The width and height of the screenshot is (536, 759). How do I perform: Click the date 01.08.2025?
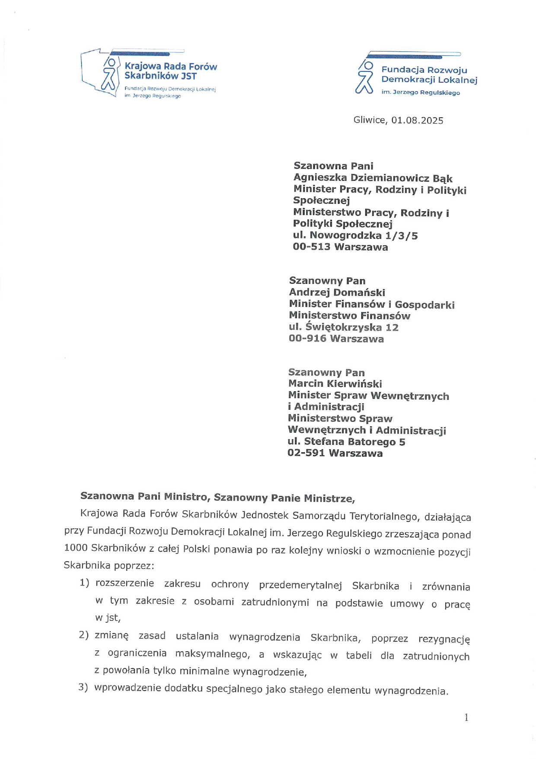pos(417,120)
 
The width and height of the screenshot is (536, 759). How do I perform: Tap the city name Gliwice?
pos(370,120)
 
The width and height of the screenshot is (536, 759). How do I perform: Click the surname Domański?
pos(359,293)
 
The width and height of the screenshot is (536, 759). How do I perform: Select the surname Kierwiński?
pos(354,384)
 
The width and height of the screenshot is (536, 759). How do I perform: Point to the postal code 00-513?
pos(312,247)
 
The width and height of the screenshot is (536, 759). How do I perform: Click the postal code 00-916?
pos(307,338)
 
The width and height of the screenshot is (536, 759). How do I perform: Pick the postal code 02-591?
pos(306,453)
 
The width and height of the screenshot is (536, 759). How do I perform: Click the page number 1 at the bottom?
pos(466,717)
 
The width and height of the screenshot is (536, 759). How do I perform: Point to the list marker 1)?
pos(84,583)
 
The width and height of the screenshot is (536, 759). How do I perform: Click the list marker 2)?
pos(83,635)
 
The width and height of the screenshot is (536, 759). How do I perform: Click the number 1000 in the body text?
pos(75,548)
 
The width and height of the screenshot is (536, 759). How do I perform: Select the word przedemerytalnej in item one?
pos(300,585)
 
